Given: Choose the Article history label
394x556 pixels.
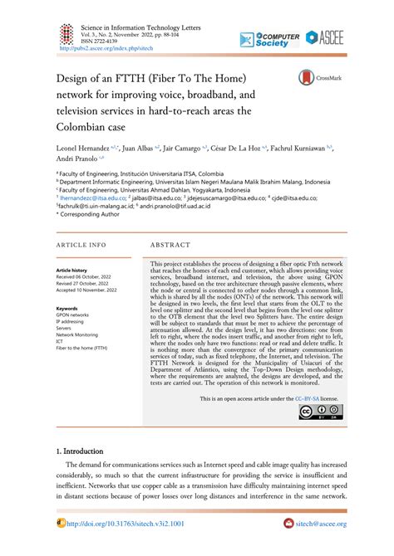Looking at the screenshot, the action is [x=71, y=271].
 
